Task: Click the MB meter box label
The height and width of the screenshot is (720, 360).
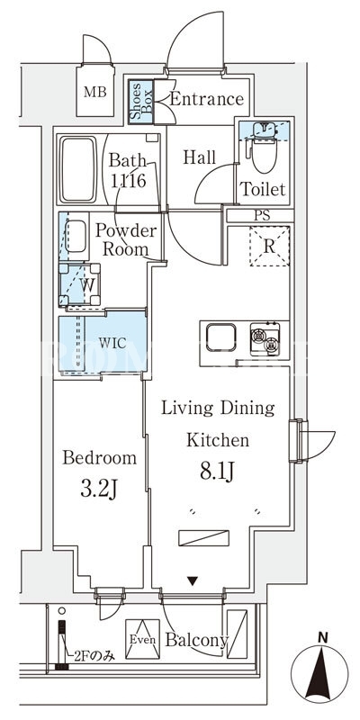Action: tap(95, 93)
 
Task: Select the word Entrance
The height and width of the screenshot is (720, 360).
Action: tap(207, 99)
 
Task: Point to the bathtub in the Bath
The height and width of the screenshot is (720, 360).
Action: tap(78, 169)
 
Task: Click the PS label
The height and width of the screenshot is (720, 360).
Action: tap(262, 216)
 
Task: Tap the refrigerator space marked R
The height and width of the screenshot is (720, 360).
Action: tap(269, 246)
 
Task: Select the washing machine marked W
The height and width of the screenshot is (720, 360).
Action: tap(80, 284)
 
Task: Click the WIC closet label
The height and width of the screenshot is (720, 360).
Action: tap(112, 343)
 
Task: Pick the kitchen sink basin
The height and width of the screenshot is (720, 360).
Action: tap(220, 337)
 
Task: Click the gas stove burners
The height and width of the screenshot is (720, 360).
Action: tap(265, 339)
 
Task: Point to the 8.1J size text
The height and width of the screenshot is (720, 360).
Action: tap(217, 471)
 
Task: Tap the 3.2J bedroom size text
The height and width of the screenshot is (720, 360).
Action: tap(99, 490)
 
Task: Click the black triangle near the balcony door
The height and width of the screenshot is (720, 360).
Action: tap(193, 580)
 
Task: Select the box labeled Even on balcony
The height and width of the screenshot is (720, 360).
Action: tap(142, 639)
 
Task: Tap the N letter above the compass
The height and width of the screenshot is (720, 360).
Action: tap(324, 637)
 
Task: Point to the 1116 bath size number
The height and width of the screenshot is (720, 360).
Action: tap(128, 181)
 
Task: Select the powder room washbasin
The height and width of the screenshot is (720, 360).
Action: tap(76, 236)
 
